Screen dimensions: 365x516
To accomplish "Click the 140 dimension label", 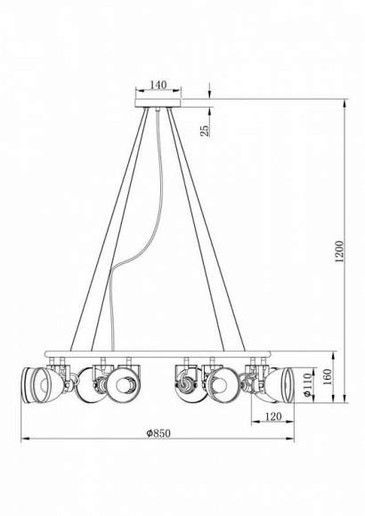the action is pos(158,85).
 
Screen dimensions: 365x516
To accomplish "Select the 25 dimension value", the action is pos(205,130).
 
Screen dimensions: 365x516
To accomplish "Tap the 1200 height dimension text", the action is pos(339,252).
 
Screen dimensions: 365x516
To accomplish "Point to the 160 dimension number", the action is pos(327,377).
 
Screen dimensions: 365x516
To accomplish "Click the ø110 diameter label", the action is pos(307,384).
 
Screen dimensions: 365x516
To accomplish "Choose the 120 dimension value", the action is pos(273,416).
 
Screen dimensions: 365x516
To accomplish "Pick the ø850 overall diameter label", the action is pos(158,433).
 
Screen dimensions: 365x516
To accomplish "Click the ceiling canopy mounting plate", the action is pos(158,102).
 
